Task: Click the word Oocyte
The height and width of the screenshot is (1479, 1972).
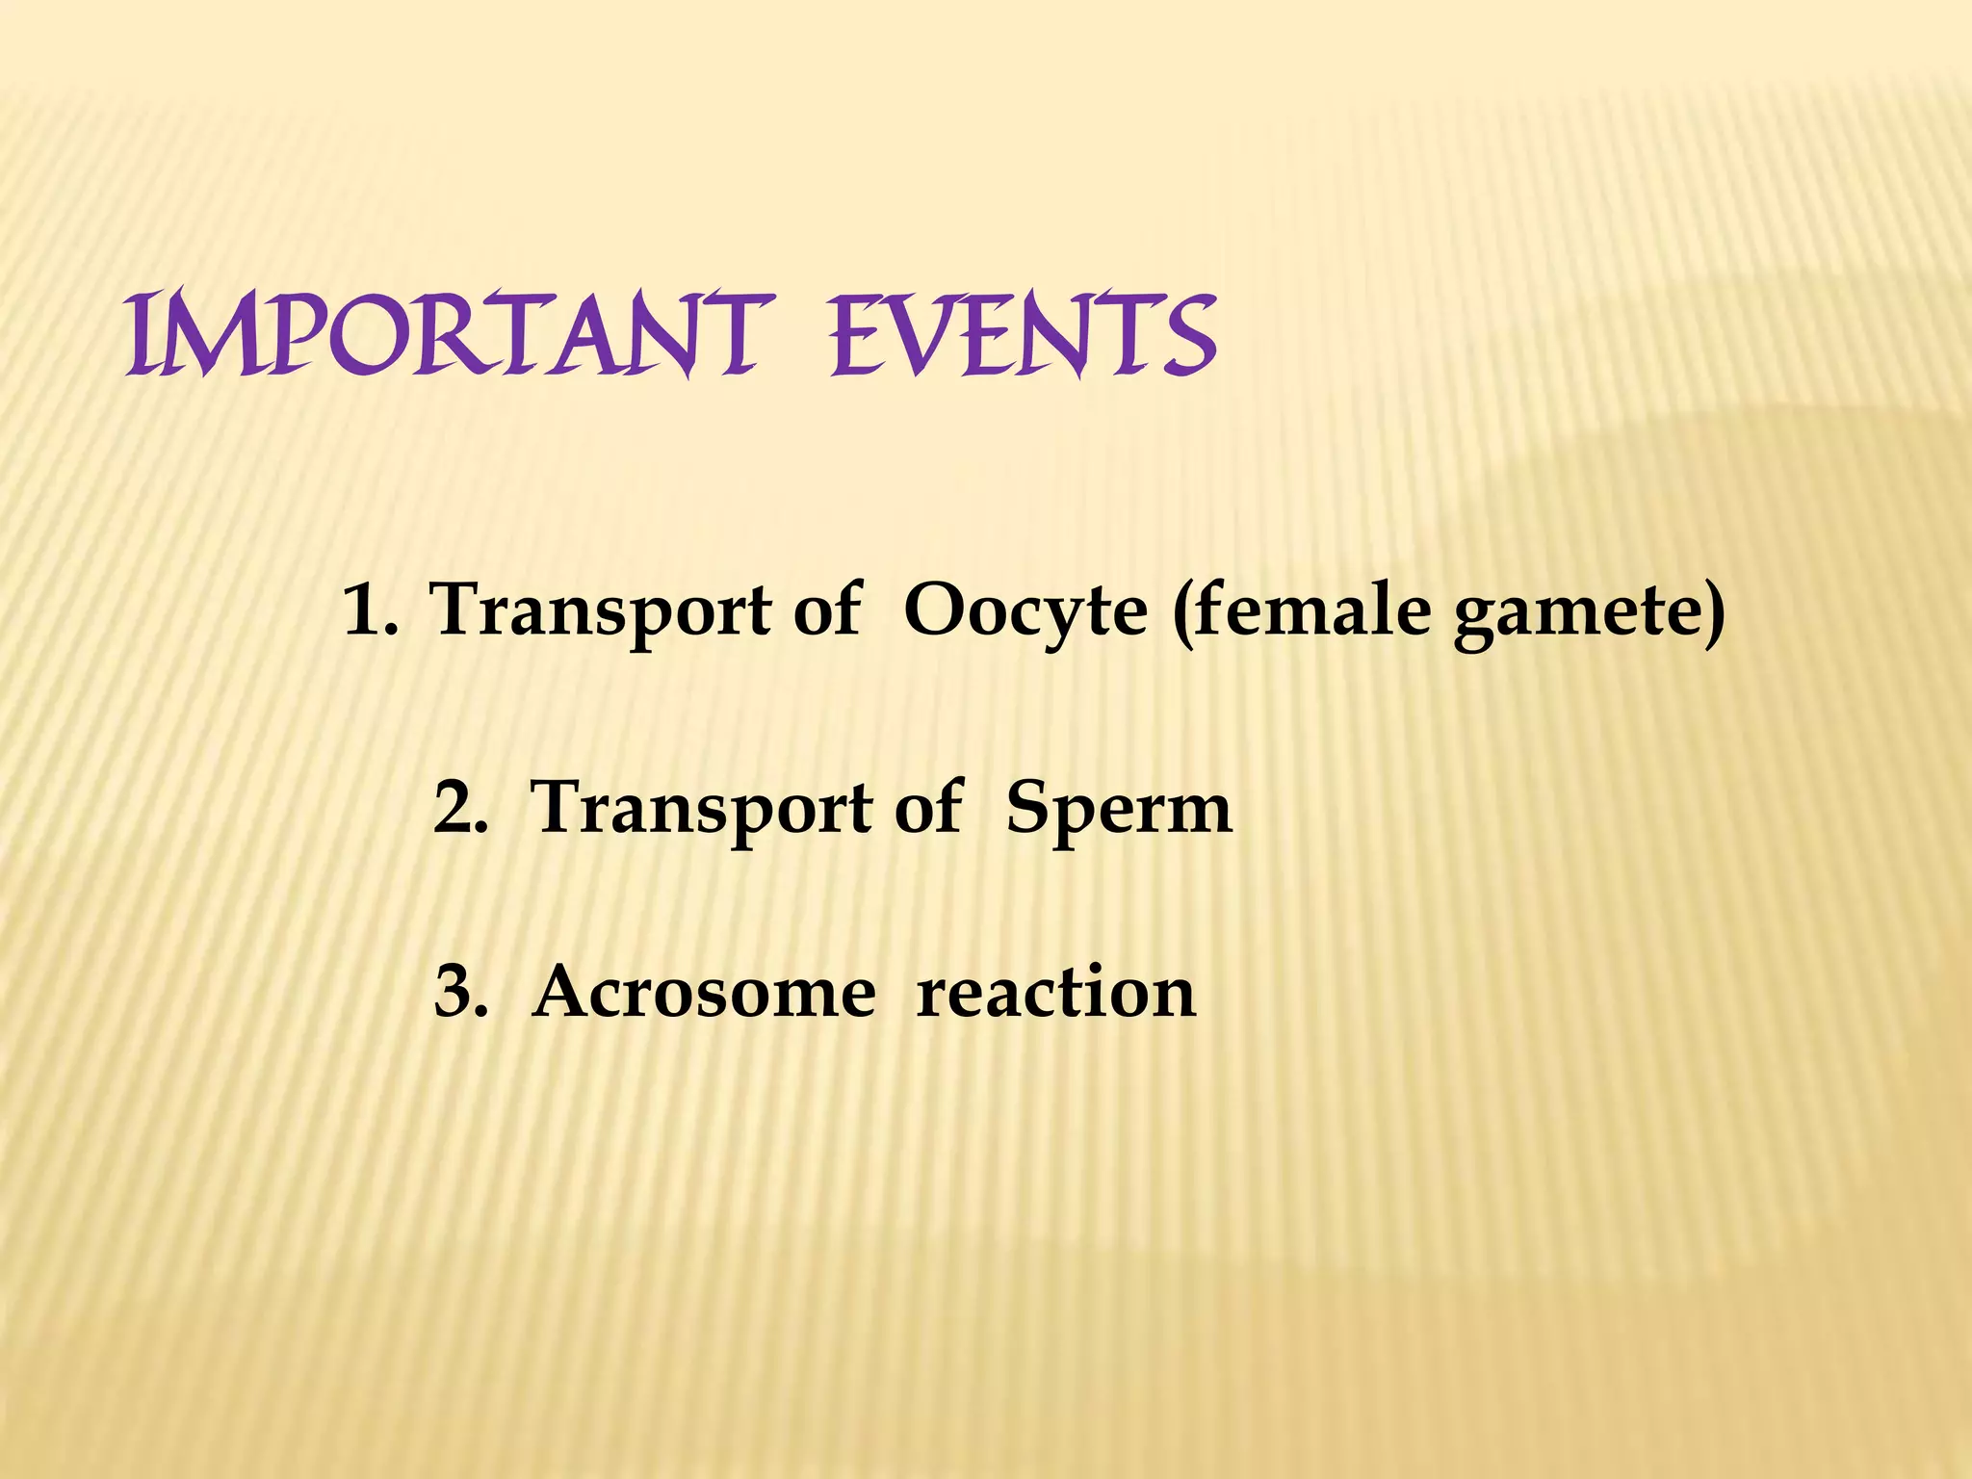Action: (1025, 612)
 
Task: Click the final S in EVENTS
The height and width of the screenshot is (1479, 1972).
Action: (1186, 337)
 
